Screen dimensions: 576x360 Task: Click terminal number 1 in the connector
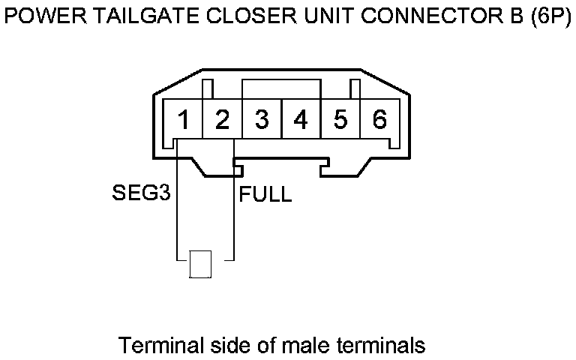coord(183,120)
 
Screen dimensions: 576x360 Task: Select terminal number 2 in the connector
coord(222,120)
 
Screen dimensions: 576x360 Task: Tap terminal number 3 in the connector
coord(262,120)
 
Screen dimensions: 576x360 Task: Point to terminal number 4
coord(301,120)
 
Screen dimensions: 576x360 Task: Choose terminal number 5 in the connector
coord(340,120)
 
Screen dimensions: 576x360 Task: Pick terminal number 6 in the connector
coord(379,120)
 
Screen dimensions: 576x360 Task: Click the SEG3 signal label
coord(140,195)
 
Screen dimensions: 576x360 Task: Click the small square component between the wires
coord(199,264)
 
